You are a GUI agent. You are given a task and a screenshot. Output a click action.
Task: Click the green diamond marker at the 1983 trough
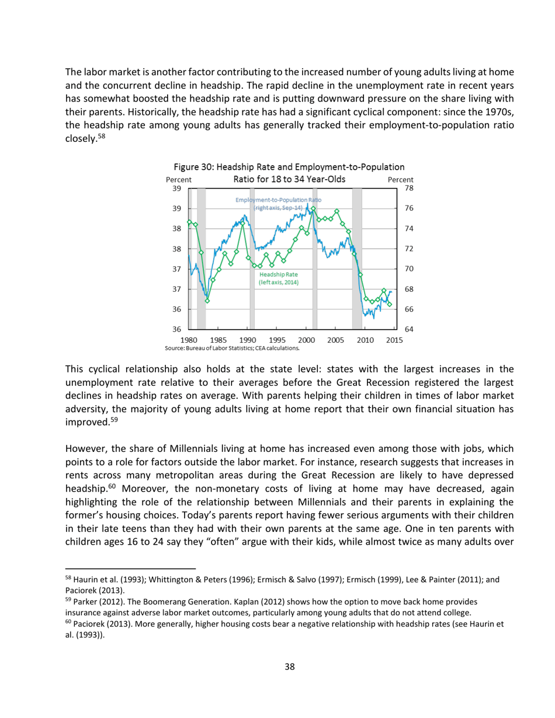click(207, 301)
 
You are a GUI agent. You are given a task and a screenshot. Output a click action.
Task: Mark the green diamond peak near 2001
click(313, 208)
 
